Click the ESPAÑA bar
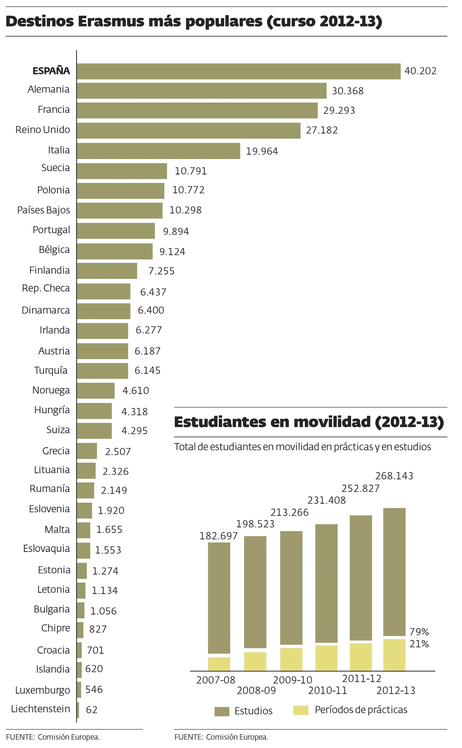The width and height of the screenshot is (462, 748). (x=238, y=71)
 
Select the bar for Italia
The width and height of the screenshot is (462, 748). (x=158, y=151)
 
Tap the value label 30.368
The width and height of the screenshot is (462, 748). (x=348, y=91)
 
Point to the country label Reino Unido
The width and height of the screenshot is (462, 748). (x=43, y=130)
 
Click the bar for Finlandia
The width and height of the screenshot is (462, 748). (x=107, y=271)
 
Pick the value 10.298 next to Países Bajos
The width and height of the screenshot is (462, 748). (x=185, y=210)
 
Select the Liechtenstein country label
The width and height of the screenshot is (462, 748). (x=40, y=709)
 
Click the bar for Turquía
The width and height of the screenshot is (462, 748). (x=102, y=371)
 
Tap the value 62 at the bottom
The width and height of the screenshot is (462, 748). (x=92, y=710)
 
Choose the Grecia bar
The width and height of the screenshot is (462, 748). (x=87, y=451)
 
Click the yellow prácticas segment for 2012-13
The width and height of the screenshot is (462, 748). (x=394, y=655)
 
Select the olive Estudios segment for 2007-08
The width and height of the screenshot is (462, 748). (x=219, y=598)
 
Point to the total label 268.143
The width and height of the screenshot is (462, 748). (x=394, y=476)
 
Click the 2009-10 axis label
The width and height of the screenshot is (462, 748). (x=292, y=680)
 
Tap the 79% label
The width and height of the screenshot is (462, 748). (x=419, y=632)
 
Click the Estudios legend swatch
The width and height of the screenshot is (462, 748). (x=222, y=711)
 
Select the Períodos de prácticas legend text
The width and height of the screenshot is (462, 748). (x=361, y=710)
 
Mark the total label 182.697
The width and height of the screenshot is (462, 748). (x=219, y=536)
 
